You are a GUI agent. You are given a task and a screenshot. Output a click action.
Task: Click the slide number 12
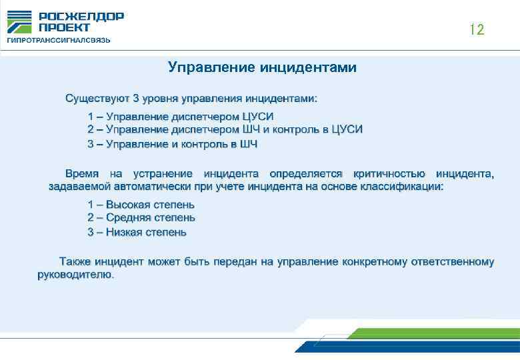click(x=476, y=29)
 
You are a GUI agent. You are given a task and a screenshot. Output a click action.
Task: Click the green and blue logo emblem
click(x=19, y=21)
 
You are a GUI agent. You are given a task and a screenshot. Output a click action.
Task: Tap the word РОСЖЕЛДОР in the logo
click(x=81, y=16)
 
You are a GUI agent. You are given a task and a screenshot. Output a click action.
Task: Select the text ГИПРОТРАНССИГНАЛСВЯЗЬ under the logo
click(x=59, y=40)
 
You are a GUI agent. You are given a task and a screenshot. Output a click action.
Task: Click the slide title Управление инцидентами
click(x=262, y=67)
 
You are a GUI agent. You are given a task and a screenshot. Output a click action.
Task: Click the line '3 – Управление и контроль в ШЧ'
click(x=172, y=143)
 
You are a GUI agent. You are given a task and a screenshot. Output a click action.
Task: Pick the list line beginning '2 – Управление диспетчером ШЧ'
click(x=225, y=130)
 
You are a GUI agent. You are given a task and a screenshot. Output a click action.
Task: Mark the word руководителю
click(x=75, y=275)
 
